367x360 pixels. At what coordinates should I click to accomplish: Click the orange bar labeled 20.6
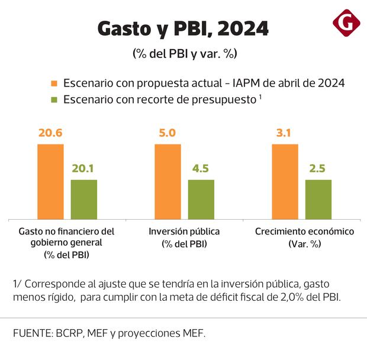click(x=50, y=181)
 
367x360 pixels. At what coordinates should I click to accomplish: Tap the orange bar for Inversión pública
click(x=168, y=181)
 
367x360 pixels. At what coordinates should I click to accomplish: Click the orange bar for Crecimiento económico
click(x=285, y=181)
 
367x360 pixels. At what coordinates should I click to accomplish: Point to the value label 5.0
click(x=168, y=133)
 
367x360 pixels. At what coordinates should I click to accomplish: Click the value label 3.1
click(x=285, y=133)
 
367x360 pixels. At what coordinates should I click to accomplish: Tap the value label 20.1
click(x=83, y=169)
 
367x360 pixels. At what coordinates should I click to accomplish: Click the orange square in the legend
click(x=54, y=83)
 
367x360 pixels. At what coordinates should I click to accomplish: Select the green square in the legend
click(x=54, y=99)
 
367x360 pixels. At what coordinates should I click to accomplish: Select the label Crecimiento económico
click(x=304, y=232)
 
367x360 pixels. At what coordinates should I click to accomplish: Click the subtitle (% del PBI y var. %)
click(x=184, y=53)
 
